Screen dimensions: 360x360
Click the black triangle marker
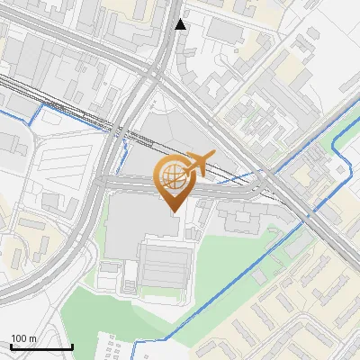click(181, 24)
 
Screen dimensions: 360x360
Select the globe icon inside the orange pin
click(171, 175)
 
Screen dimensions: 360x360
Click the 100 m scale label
click(24, 338)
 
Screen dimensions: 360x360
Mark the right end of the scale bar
click(72, 346)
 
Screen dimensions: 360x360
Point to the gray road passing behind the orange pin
click(225, 188)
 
